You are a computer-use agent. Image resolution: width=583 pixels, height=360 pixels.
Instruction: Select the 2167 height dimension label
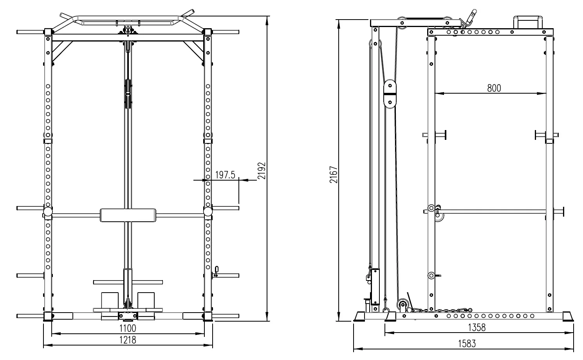pos(333,175)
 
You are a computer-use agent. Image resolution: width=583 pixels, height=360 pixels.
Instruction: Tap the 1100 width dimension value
pos(128,328)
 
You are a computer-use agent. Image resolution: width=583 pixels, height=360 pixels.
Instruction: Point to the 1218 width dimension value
pos(128,340)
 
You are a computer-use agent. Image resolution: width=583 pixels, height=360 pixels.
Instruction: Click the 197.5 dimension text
pos(225,175)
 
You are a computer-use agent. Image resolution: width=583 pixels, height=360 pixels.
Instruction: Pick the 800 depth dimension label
pos(494,88)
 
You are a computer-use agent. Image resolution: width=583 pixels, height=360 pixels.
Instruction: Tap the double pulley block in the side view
pos(390,93)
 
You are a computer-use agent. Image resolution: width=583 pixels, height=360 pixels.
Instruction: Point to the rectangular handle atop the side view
pos(527,22)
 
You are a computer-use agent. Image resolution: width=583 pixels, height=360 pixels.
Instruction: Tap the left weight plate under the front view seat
pos(110,300)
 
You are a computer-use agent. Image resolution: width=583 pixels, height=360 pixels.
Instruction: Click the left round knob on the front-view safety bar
pos(48,212)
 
